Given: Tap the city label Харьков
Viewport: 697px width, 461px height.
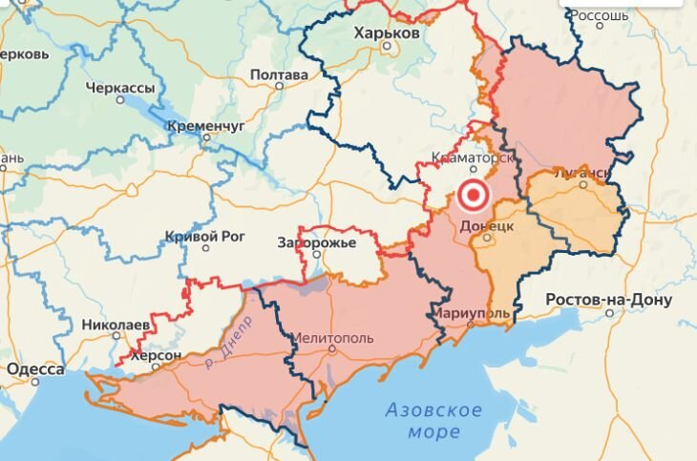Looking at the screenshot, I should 386,33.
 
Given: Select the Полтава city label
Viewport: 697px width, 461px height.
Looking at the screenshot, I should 279,74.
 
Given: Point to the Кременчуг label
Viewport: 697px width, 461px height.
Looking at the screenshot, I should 205,125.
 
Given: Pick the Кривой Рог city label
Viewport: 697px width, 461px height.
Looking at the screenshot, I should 205,237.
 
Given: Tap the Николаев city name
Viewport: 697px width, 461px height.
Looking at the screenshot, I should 115,325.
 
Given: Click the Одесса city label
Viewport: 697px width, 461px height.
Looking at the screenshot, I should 35,369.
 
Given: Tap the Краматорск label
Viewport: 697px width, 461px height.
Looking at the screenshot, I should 474,157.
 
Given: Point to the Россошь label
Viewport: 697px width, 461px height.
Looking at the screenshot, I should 600,16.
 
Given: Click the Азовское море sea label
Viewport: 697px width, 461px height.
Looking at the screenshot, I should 433,421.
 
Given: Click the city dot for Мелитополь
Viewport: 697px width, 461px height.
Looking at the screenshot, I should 331,349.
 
